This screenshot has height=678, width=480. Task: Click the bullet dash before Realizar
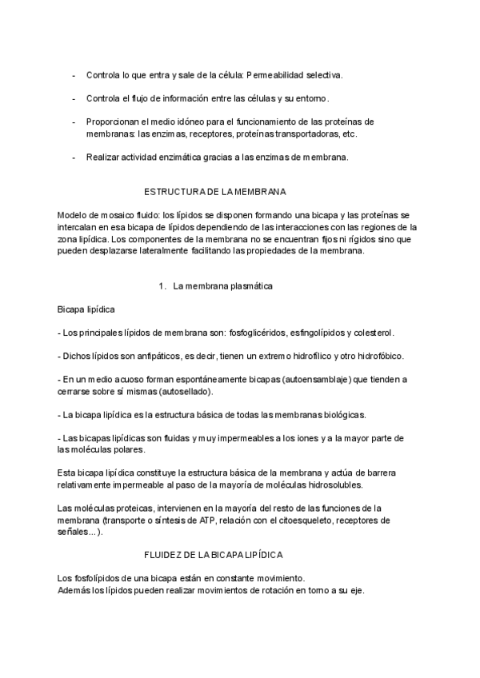(x=74, y=157)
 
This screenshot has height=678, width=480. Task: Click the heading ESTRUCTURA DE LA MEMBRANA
(x=214, y=193)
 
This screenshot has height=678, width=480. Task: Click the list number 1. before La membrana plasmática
(x=162, y=285)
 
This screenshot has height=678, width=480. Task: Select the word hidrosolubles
(x=340, y=485)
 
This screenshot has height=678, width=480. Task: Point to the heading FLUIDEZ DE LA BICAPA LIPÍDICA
(x=213, y=554)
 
